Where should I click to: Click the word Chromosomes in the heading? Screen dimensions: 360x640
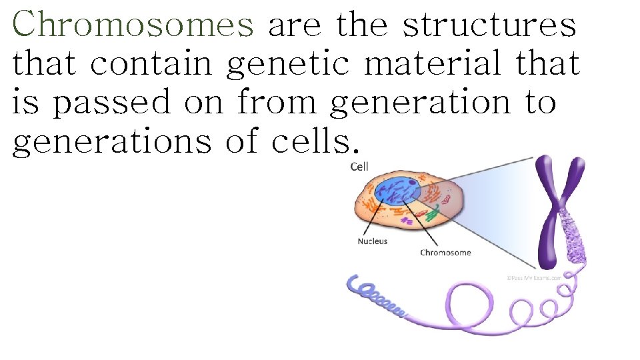coord(133,25)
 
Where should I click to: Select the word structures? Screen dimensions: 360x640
coord(489,25)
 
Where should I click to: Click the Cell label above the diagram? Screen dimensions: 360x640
coord(359,167)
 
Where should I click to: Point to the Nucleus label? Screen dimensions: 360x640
coord(372,241)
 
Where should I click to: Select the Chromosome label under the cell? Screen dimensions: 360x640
coord(445,253)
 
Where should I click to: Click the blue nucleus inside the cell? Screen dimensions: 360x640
coord(397,189)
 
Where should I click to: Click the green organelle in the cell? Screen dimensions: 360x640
coord(432,215)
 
